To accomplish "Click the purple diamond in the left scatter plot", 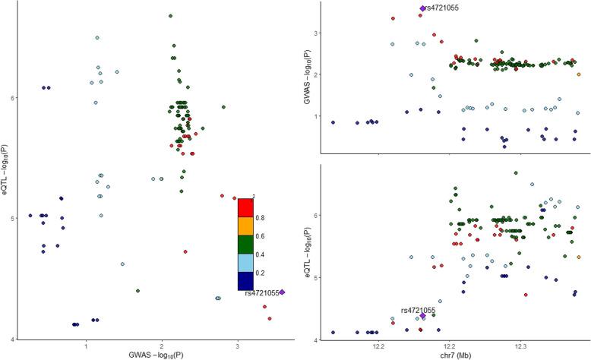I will [x=282, y=292].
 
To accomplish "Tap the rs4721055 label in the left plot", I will [x=262, y=293].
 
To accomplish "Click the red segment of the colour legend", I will [x=245, y=207].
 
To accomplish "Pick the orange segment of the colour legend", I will [x=245, y=226].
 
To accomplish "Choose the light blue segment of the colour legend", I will [x=245, y=263].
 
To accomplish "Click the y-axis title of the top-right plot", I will [x=308, y=74].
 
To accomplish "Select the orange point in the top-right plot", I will [x=579, y=74].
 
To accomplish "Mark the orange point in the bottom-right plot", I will [x=579, y=257].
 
